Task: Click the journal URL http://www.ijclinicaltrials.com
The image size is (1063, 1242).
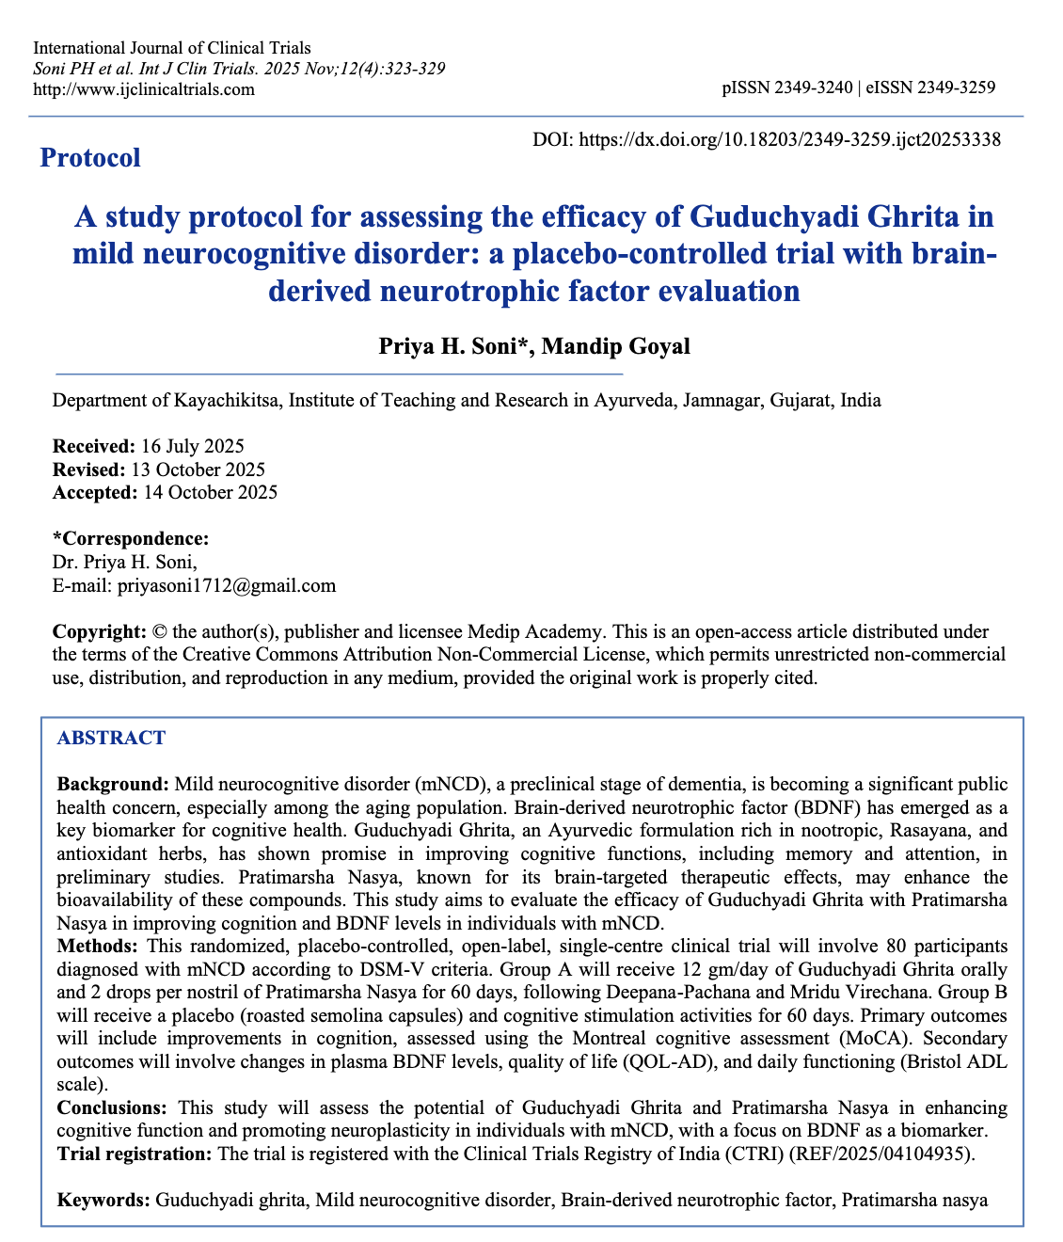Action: pos(144,89)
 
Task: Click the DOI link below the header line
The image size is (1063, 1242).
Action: pos(789,139)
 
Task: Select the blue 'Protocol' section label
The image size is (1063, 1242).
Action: pos(90,157)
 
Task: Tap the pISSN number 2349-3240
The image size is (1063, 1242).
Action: pos(813,88)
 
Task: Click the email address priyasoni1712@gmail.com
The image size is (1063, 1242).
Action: pos(226,585)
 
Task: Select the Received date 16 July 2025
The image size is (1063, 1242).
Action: pos(192,446)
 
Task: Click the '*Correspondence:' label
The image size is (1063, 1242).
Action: pos(131,539)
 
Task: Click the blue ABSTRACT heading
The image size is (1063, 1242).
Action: pos(111,738)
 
